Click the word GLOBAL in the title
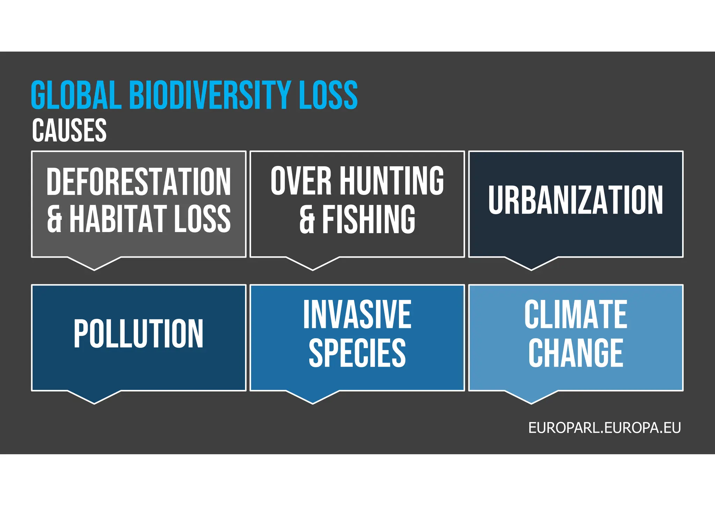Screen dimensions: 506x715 [x=76, y=95]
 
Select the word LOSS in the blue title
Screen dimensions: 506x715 [x=328, y=95]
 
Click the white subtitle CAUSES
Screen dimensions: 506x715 [x=69, y=130]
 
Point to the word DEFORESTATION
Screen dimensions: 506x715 [x=139, y=182]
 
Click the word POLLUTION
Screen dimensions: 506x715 [x=138, y=334]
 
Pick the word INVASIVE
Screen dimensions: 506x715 [x=357, y=315]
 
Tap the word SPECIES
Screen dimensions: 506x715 [x=357, y=353]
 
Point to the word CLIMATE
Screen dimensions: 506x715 [x=576, y=315]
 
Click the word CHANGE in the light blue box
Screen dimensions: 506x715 [x=576, y=353]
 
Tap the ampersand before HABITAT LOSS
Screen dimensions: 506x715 [x=54, y=219]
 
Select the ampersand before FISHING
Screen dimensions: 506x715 [x=307, y=220]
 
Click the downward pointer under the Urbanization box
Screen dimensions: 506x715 [x=531, y=263]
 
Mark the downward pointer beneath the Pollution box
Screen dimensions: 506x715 [x=94, y=397]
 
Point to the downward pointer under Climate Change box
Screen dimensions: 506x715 [x=531, y=397]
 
